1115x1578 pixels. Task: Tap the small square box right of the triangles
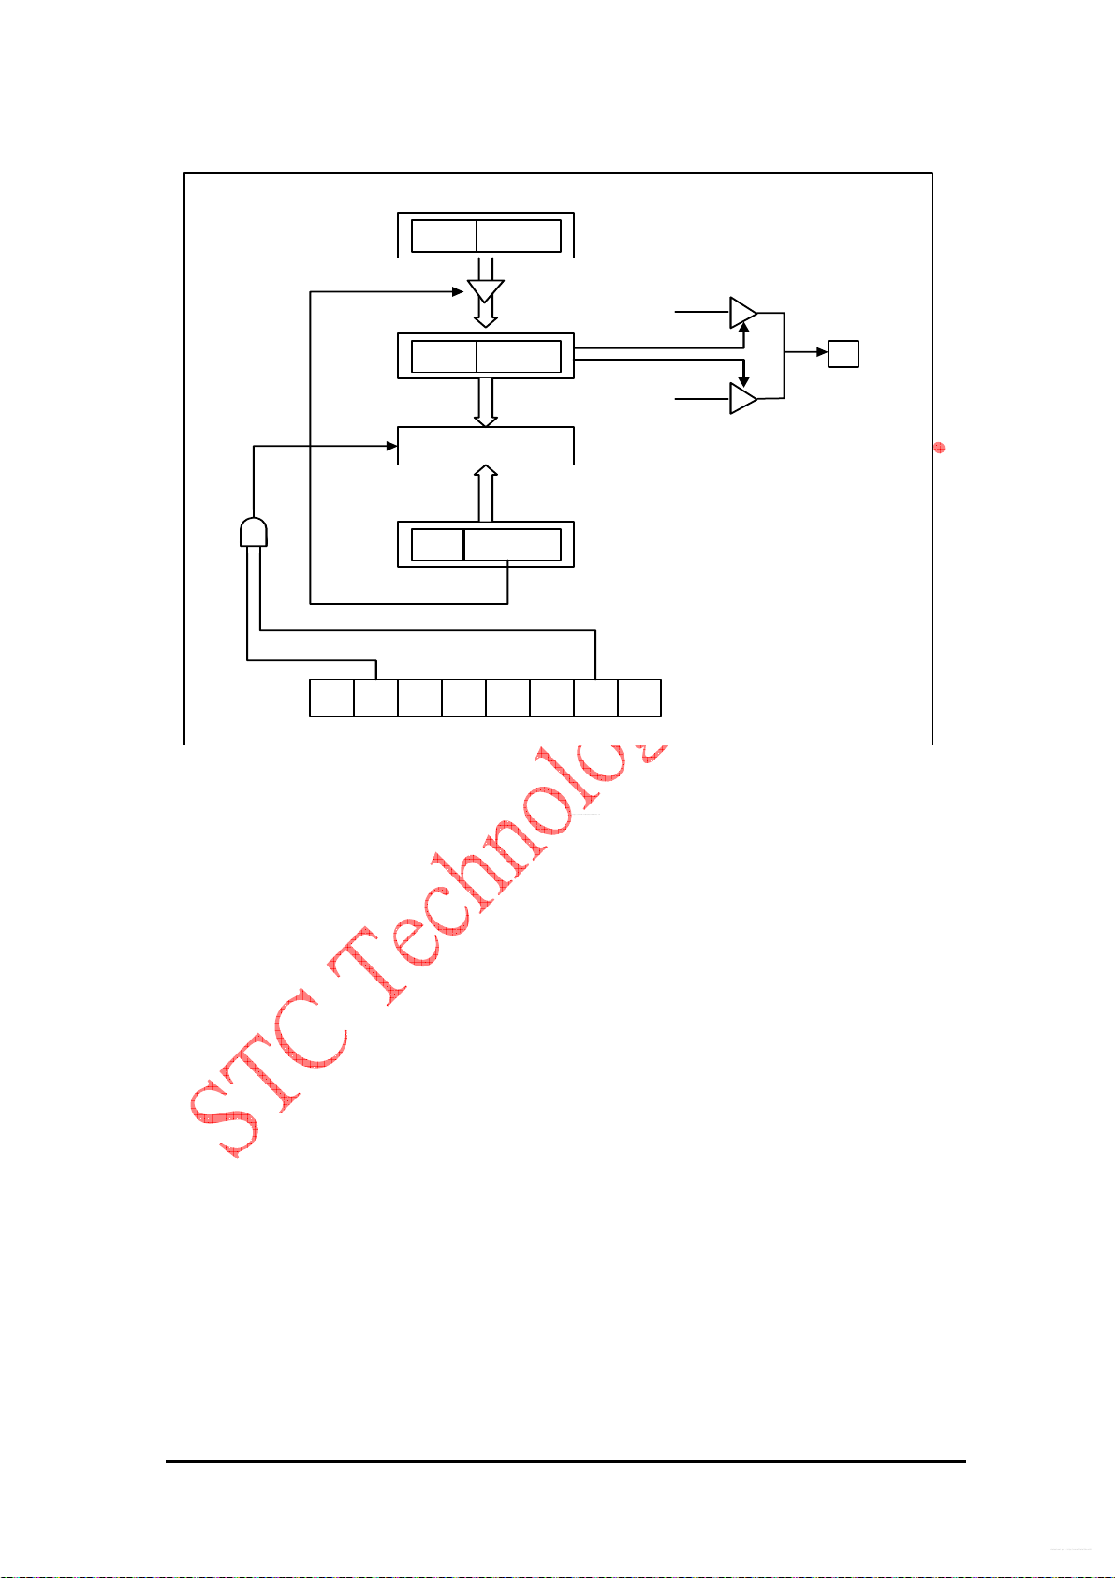tap(844, 353)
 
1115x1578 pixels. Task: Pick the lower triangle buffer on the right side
tap(742, 399)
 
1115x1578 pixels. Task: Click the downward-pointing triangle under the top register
tap(485, 290)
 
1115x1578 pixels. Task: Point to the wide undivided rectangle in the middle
tap(485, 446)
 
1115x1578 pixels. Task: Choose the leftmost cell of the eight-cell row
tap(331, 698)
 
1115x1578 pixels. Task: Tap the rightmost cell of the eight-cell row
tap(639, 698)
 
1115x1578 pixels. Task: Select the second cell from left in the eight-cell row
tap(375, 698)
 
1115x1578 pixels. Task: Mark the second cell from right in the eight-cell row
tap(595, 698)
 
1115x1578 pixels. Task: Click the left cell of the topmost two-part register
tap(444, 236)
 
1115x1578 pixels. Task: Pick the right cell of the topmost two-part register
tap(519, 236)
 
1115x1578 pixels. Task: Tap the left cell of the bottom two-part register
tap(437, 544)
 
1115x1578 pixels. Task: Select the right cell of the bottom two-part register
tap(512, 544)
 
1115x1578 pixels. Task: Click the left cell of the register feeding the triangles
tap(444, 357)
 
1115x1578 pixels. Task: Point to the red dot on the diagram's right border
tap(939, 448)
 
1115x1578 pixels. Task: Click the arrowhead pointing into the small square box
tap(822, 353)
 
